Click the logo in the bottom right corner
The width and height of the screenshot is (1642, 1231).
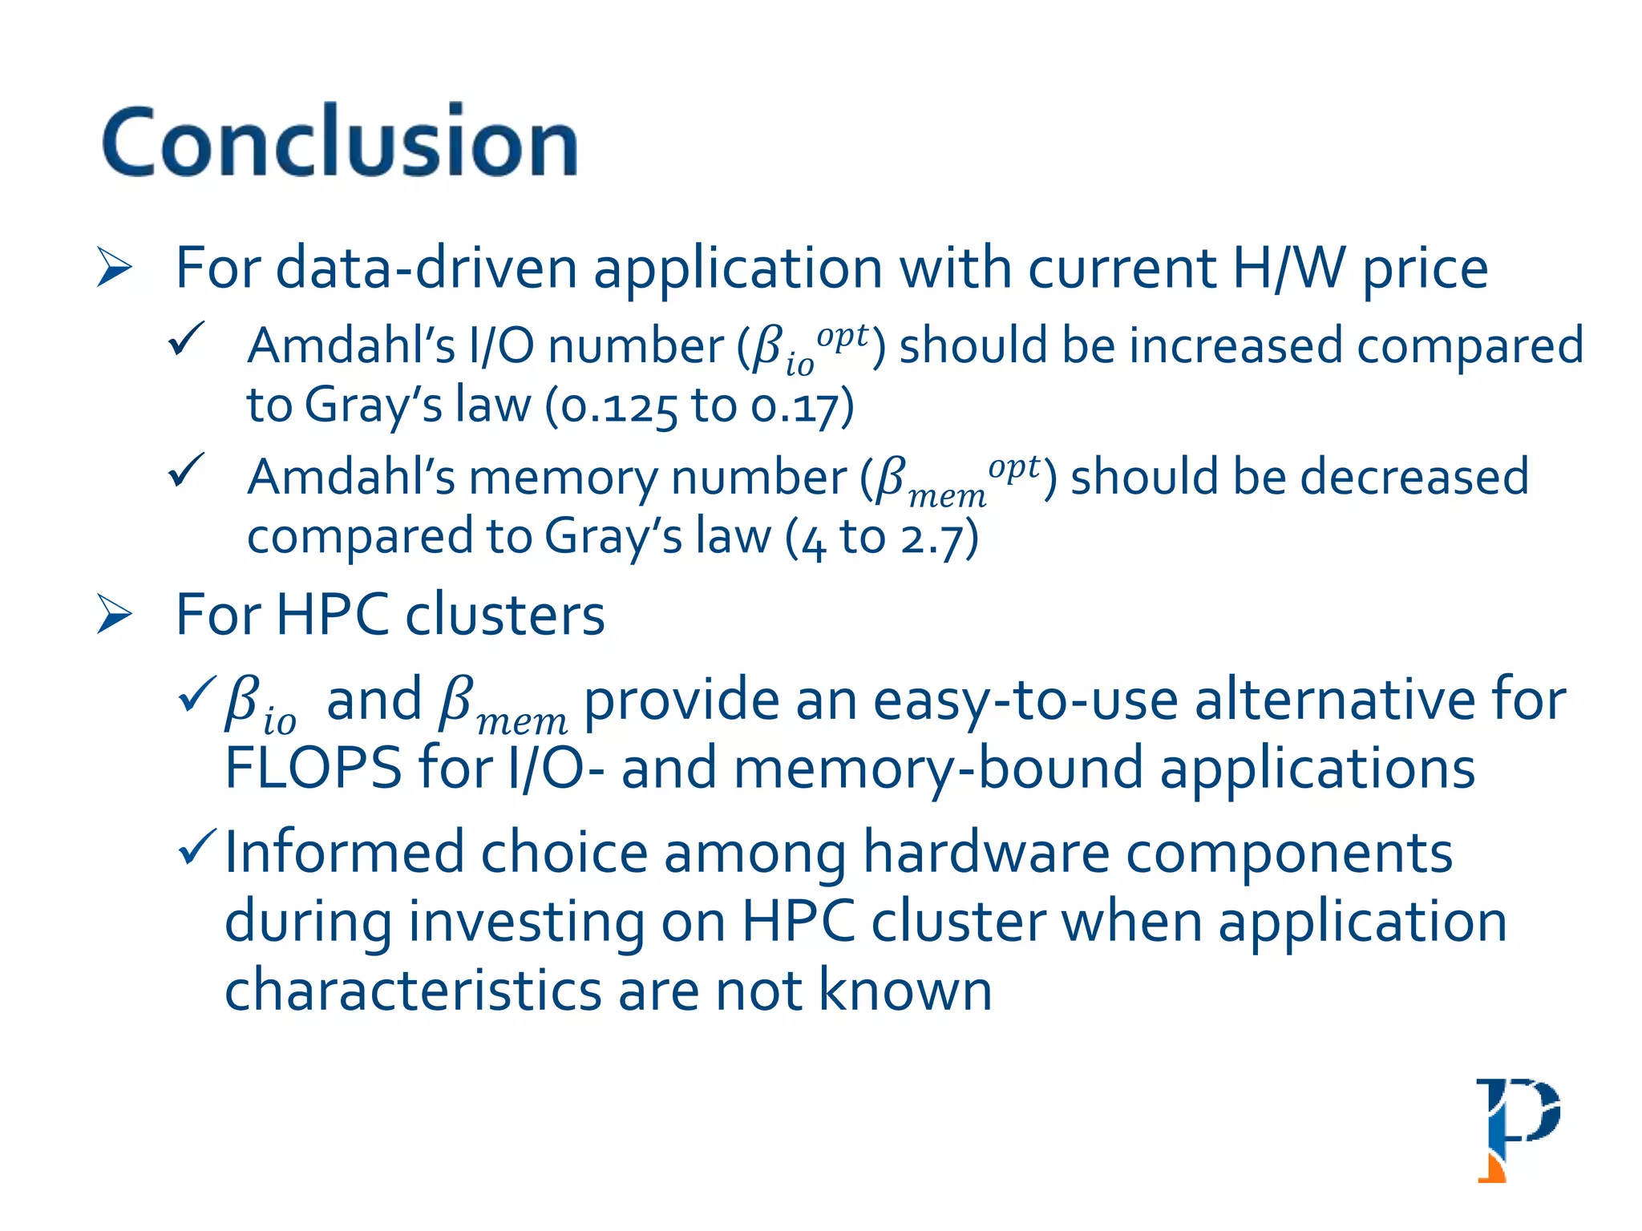[1518, 1129]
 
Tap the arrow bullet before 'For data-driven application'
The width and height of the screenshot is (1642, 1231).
[114, 268]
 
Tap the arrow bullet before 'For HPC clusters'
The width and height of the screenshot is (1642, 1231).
[114, 615]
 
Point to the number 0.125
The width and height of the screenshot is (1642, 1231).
[619, 406]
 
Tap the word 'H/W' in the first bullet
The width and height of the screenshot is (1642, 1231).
[1288, 268]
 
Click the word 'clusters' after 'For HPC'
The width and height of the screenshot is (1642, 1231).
[505, 615]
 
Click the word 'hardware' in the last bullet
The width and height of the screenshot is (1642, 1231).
[986, 853]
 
